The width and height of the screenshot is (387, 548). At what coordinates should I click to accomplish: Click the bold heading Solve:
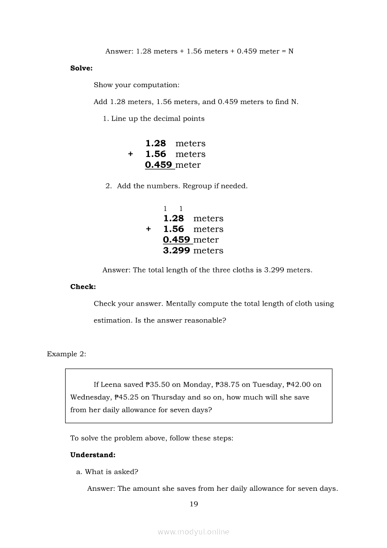coord(82,68)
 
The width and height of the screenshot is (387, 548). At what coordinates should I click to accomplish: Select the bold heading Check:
coord(83,287)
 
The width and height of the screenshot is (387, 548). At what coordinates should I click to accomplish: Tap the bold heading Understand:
coord(93,455)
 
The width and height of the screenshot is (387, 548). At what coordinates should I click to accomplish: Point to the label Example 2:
coord(67,354)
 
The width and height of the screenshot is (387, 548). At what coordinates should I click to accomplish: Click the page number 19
coord(193,504)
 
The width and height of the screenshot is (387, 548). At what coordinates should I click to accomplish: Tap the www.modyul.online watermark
coord(193,532)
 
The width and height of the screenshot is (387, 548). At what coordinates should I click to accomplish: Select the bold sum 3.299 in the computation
coord(177,251)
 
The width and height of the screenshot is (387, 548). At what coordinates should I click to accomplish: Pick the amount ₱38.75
coord(227,385)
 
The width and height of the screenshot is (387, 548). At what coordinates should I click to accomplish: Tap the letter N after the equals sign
coord(291,51)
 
